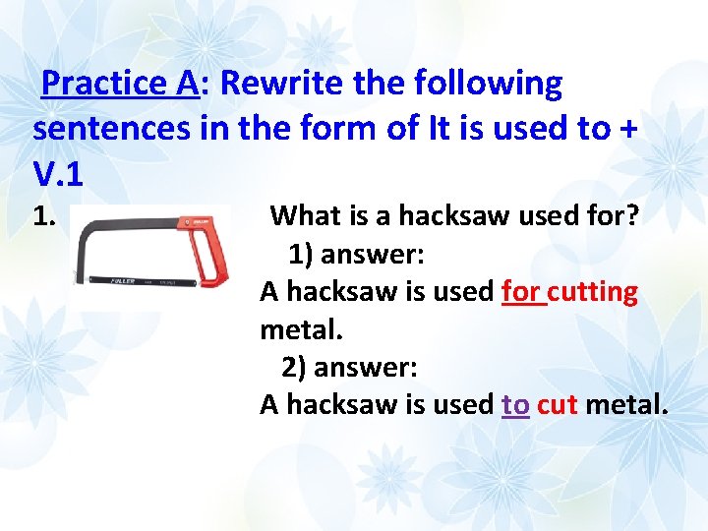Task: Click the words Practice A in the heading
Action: coord(120,84)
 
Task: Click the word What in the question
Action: coord(303,215)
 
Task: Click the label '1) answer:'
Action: coord(356,255)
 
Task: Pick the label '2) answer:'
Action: coord(350,368)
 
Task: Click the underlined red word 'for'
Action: coord(522,292)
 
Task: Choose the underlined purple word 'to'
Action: coord(515,404)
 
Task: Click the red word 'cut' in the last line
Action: coord(558,404)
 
